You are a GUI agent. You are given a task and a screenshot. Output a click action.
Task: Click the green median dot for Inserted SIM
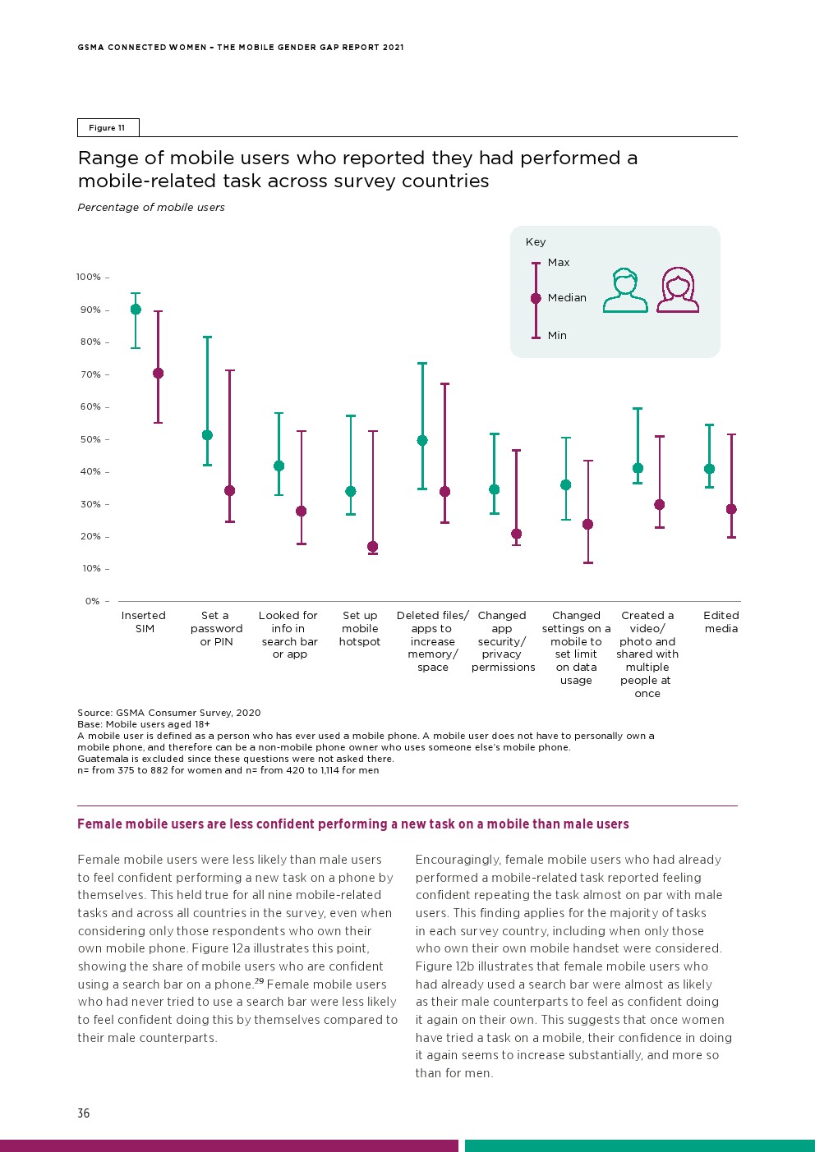[136, 310]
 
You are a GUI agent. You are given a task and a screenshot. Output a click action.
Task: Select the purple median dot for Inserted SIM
[159, 374]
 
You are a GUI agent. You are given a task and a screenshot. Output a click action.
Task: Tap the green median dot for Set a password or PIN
[207, 435]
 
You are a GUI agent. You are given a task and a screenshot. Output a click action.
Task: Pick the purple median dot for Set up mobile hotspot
[373, 547]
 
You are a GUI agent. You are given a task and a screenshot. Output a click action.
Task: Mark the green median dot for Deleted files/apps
[422, 441]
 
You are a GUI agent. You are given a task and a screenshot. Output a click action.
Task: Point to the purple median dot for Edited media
[731, 509]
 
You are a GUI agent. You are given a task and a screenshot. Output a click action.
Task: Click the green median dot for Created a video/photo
[638, 468]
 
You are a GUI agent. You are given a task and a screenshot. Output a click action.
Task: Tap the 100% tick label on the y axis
[89, 278]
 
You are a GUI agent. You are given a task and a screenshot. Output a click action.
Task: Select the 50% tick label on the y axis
[90, 439]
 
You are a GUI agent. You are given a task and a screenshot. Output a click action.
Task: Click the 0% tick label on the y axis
[93, 601]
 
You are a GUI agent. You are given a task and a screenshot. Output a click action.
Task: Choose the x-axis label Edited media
[721, 622]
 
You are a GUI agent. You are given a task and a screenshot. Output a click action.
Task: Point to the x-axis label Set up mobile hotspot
[360, 628]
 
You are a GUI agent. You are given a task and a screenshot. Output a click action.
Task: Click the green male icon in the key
[625, 291]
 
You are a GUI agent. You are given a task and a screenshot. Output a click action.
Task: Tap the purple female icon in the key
[678, 291]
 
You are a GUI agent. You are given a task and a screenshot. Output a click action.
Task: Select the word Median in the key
[567, 298]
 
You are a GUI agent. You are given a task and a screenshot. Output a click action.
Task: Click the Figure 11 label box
[108, 128]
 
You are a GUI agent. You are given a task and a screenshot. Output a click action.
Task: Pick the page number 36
[84, 1113]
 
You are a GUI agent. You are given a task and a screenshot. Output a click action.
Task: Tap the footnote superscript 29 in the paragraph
[259, 981]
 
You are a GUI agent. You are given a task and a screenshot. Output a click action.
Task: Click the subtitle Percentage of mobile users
[151, 208]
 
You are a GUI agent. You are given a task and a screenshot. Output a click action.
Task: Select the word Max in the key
[559, 263]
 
